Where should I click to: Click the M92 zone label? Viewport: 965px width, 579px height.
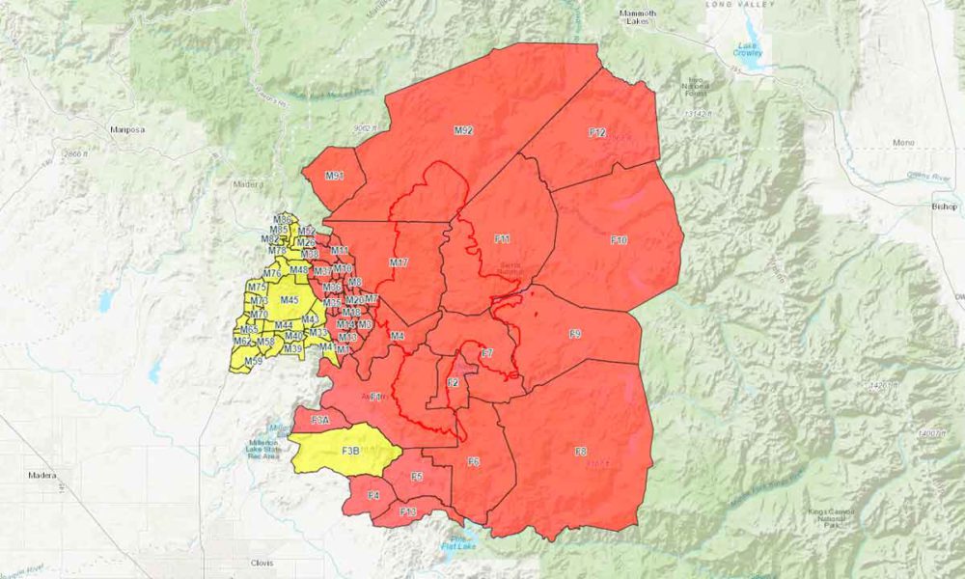[463, 129]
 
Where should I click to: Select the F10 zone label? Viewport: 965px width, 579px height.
[619, 239]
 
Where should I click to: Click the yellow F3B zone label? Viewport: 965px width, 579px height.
[350, 451]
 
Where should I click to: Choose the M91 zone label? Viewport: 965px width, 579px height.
[334, 176]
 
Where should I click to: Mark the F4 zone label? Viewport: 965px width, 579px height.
[373, 496]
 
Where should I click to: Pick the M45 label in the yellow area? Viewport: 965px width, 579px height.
[289, 300]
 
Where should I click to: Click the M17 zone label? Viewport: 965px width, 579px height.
[399, 262]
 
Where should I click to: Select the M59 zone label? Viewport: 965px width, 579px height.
[253, 362]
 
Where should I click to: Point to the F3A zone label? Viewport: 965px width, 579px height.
[321, 420]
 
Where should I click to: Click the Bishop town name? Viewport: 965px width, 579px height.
[943, 207]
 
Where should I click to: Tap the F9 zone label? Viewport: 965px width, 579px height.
[574, 334]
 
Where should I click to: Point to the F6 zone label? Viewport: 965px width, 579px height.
[473, 462]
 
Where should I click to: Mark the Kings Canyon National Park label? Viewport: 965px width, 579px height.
[836, 524]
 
